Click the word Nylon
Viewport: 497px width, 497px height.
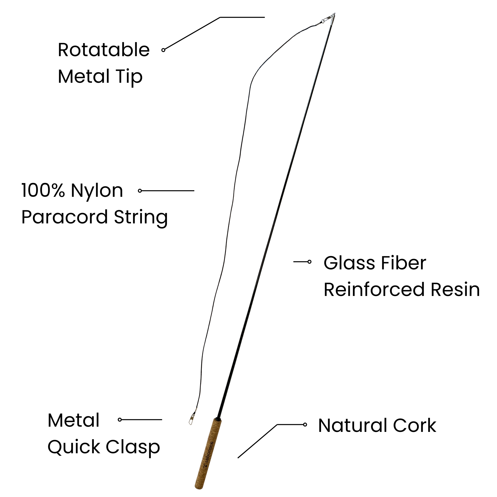[x=97, y=191]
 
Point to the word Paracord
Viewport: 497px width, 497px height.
[x=64, y=217]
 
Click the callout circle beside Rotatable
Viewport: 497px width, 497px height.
[x=163, y=50]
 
